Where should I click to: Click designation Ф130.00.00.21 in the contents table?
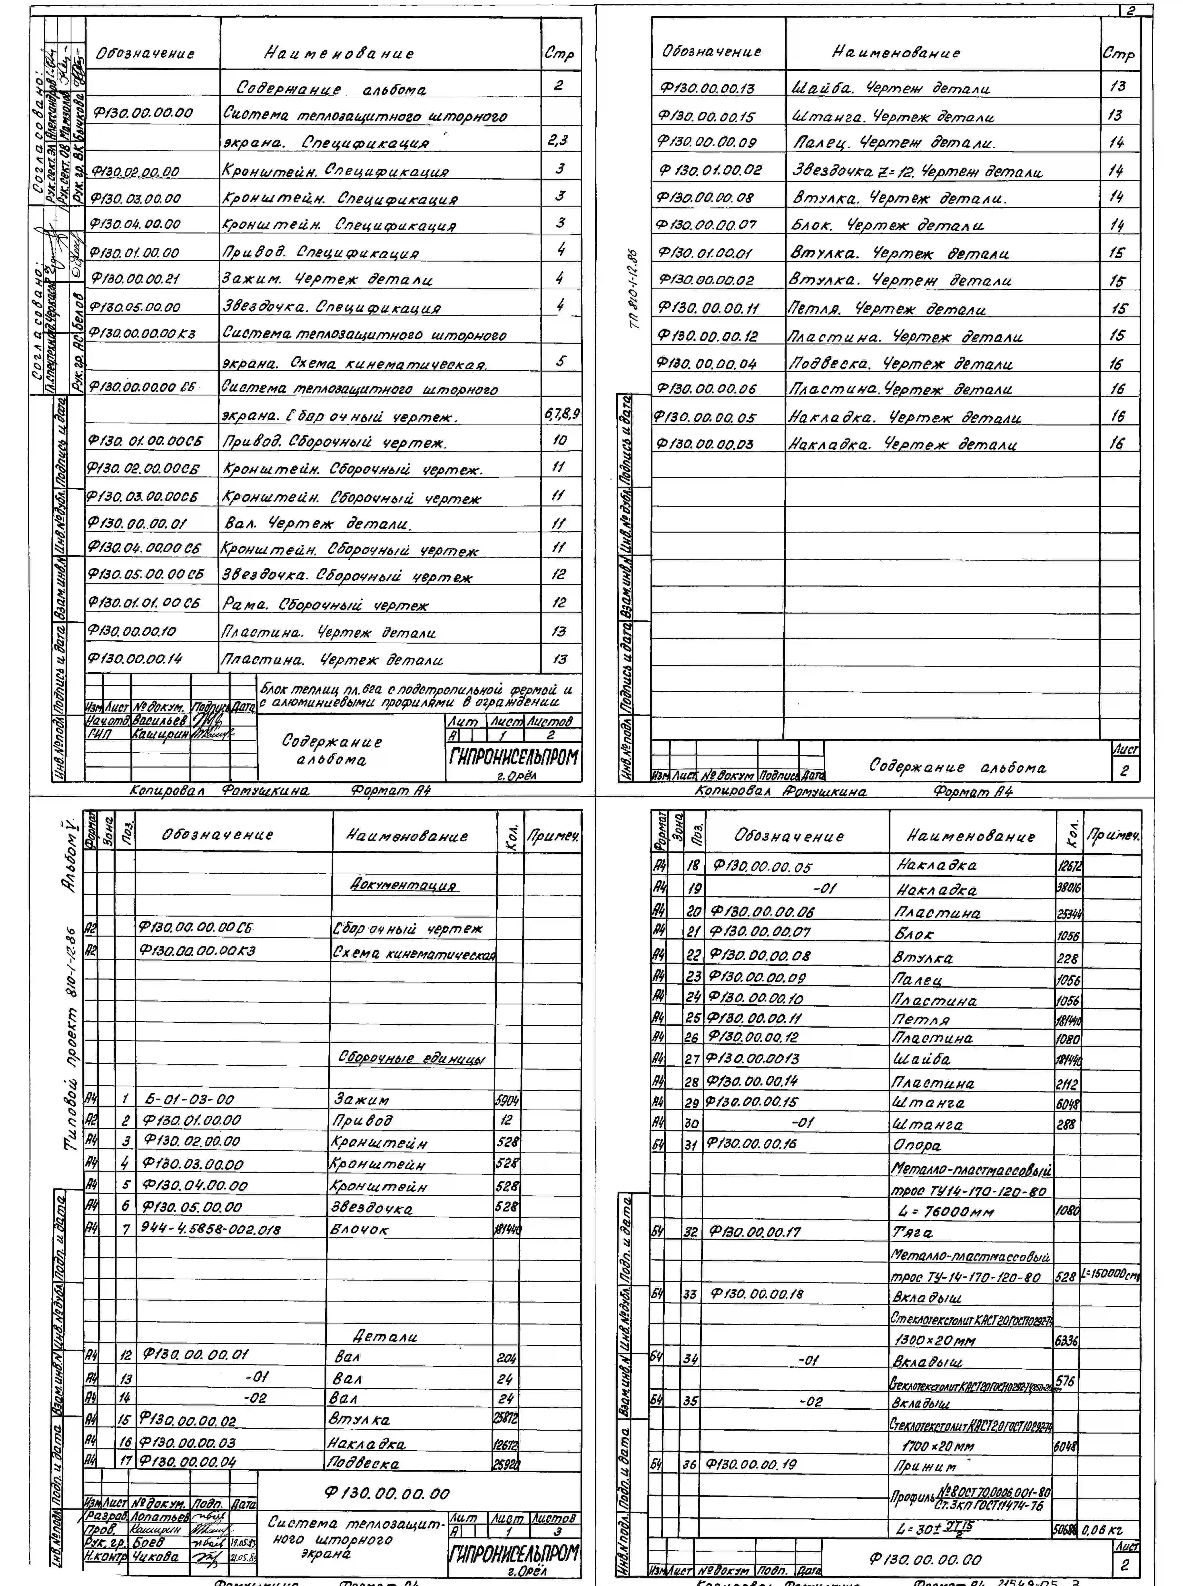coord(135,279)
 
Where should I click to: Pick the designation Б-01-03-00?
coord(189,1099)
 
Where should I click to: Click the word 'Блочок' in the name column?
coord(359,1229)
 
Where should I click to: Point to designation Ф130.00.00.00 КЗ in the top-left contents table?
coord(142,334)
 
